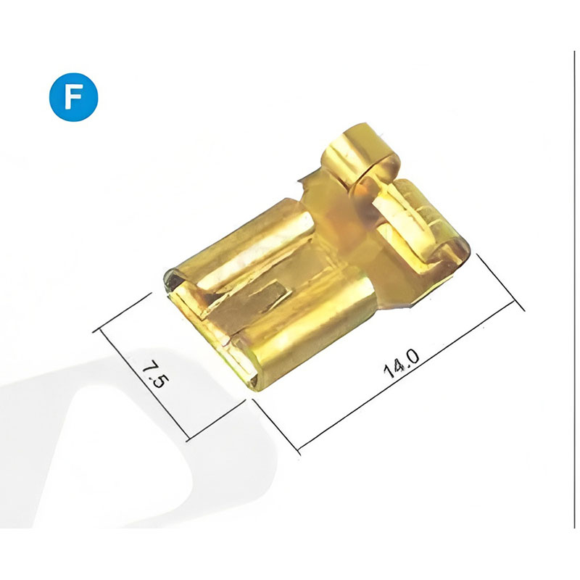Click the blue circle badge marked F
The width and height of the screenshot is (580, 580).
point(74,97)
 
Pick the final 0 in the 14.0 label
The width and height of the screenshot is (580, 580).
point(412,357)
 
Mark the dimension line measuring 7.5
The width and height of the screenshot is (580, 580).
point(144,385)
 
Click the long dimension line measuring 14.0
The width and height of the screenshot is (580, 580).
point(407,376)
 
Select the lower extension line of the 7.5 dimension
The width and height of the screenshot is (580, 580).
point(215,420)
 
